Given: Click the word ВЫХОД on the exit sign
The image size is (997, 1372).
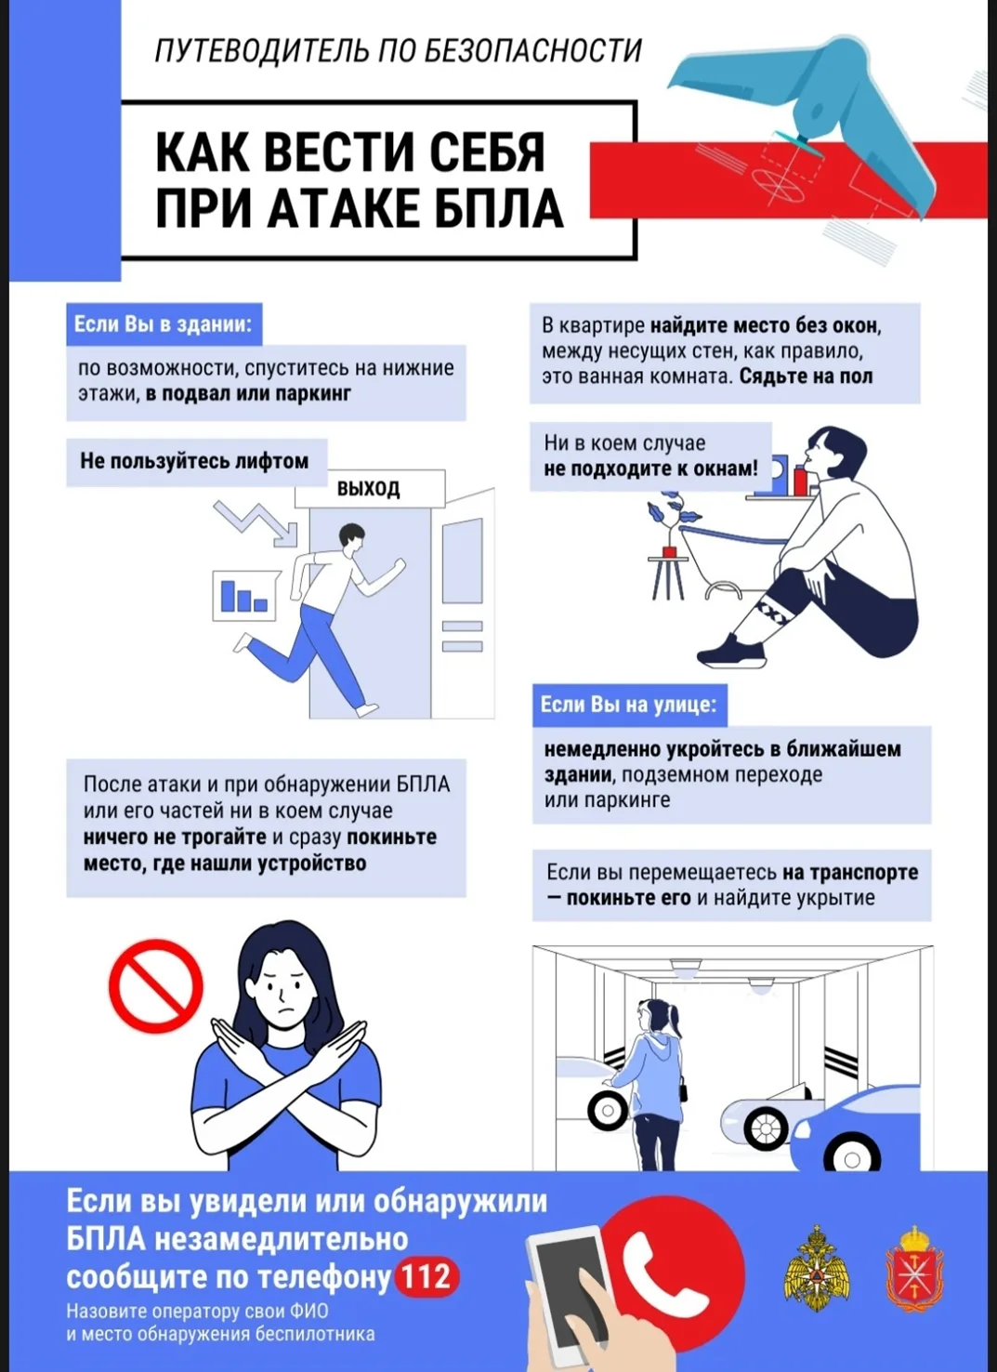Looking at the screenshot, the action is coord(368,488).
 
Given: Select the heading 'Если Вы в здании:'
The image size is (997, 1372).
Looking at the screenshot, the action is coord(163,324).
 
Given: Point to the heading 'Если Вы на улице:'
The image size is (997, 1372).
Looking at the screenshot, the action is coord(628,705).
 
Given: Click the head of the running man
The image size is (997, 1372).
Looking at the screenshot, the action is coord(351,537).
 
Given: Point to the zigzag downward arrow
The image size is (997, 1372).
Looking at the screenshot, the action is coord(256,522).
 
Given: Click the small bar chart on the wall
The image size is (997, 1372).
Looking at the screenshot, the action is coord(243,596).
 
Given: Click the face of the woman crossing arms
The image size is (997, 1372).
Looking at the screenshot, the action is coord(282,993).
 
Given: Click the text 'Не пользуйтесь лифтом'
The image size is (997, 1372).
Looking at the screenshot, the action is coord(194,461).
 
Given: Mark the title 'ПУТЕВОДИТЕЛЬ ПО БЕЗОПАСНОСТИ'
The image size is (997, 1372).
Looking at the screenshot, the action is coord(398,50).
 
